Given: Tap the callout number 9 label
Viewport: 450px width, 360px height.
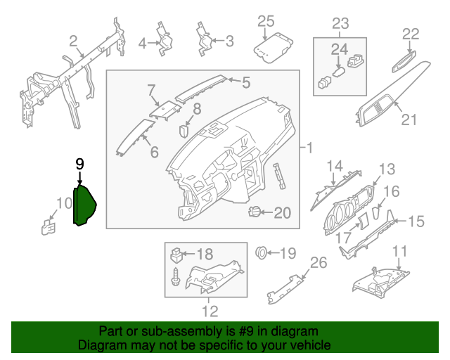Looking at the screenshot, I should click(79, 164).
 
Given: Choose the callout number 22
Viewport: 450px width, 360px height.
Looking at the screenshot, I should click(411, 34).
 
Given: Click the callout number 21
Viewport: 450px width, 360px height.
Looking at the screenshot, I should click(409, 120).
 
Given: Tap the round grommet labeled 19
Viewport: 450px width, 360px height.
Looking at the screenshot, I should click(262, 252).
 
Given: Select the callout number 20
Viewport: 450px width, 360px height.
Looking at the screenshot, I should click(281, 212).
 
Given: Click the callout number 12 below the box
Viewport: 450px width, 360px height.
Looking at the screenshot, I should click(210, 310).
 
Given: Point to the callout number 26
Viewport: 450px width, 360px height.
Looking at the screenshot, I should click(319, 263).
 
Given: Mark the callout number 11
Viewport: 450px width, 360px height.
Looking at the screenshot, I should click(399, 250).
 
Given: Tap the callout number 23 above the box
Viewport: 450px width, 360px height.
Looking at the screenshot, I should click(340, 23).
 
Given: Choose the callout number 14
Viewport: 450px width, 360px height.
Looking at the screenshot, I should click(333, 166).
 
